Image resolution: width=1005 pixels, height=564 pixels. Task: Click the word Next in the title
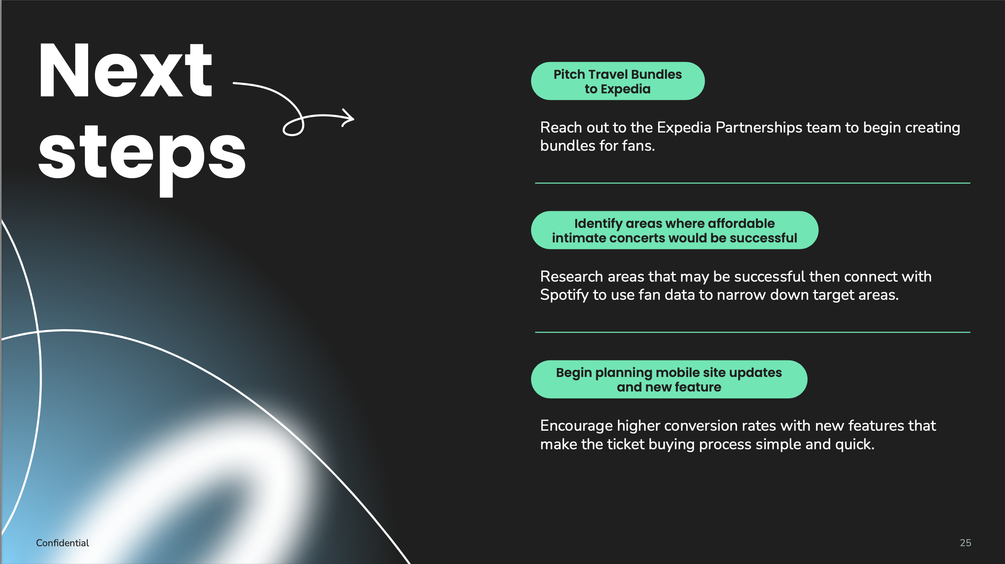point(125,70)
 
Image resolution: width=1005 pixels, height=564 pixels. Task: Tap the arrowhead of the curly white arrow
point(348,118)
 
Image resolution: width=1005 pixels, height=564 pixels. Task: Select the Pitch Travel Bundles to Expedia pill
point(618,81)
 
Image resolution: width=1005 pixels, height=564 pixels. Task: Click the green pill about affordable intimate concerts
point(675,230)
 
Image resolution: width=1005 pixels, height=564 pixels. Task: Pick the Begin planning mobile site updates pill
point(669,379)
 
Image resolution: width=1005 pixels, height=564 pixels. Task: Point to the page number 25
point(965,543)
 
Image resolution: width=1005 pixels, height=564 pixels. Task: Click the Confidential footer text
point(63,543)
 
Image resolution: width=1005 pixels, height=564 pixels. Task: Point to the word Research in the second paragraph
point(572,277)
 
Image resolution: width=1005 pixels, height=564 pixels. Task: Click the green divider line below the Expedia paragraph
point(753,183)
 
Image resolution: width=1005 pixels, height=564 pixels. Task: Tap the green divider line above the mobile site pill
point(753,332)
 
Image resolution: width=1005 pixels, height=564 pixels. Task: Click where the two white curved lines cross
point(38,332)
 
